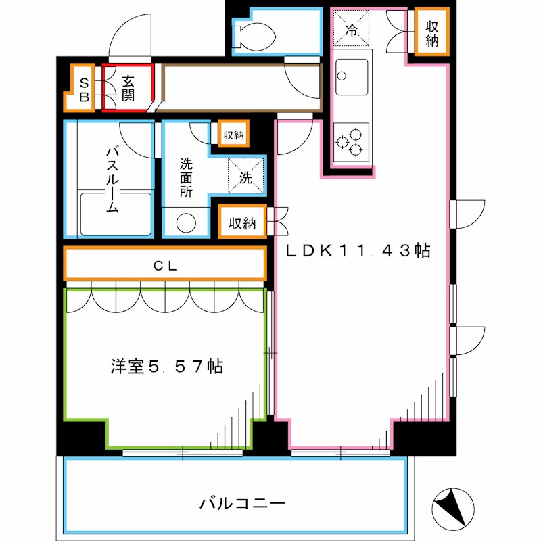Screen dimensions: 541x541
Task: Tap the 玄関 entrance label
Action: tap(128, 88)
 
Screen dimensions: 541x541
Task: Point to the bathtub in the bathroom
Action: tap(115, 213)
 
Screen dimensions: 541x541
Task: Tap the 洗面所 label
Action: tap(186, 177)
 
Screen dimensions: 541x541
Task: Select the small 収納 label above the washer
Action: tap(233, 135)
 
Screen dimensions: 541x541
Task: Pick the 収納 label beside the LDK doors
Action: tap(242, 222)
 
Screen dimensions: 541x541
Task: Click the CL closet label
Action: tap(164, 266)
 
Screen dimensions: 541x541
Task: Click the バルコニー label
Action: tap(243, 504)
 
